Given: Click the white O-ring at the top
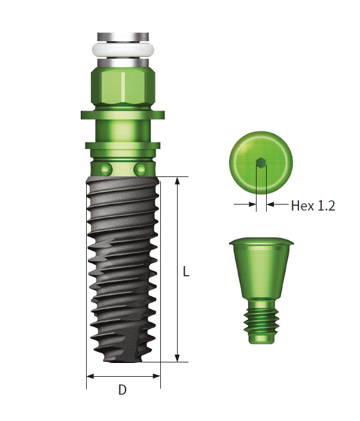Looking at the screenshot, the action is (x=123, y=50).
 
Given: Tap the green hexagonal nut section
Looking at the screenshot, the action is (x=123, y=87).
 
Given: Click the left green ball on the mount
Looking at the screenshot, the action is (x=106, y=169).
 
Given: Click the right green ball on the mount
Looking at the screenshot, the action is (x=139, y=169).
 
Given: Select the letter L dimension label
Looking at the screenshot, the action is (x=186, y=271).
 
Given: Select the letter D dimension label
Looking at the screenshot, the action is (x=123, y=389).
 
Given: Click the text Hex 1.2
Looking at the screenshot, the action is (x=313, y=206).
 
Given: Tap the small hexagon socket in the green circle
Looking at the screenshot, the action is (x=261, y=163).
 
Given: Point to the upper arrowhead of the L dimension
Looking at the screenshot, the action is (x=177, y=181).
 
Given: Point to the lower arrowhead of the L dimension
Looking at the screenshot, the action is (x=177, y=358).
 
